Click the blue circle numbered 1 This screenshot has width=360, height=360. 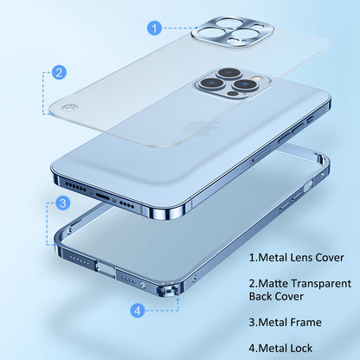click(x=154, y=29)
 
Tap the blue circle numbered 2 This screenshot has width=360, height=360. click(x=59, y=74)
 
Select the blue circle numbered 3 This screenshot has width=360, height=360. click(x=62, y=203)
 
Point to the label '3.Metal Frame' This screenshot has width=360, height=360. click(x=285, y=322)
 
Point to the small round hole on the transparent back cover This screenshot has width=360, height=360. click(x=67, y=111)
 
